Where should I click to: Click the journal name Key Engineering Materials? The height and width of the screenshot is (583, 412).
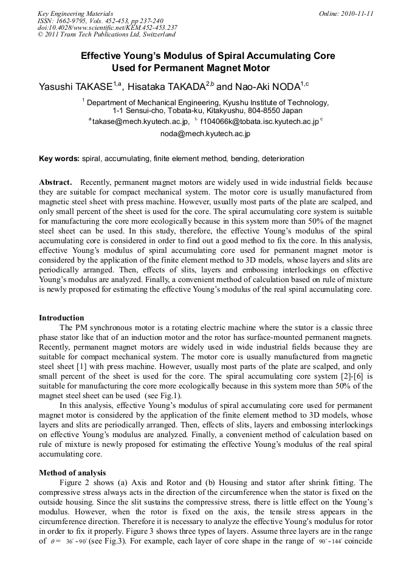[x=75, y=13]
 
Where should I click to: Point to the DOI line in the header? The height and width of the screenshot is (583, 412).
[x=108, y=27]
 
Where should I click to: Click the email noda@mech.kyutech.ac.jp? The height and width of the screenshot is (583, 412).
[x=205, y=133]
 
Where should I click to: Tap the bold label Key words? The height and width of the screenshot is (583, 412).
[x=59, y=159]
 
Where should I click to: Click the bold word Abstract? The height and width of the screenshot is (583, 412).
[x=56, y=182]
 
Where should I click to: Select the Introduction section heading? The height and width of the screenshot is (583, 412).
[x=61, y=318]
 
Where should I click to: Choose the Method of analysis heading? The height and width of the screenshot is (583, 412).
[x=72, y=472]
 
